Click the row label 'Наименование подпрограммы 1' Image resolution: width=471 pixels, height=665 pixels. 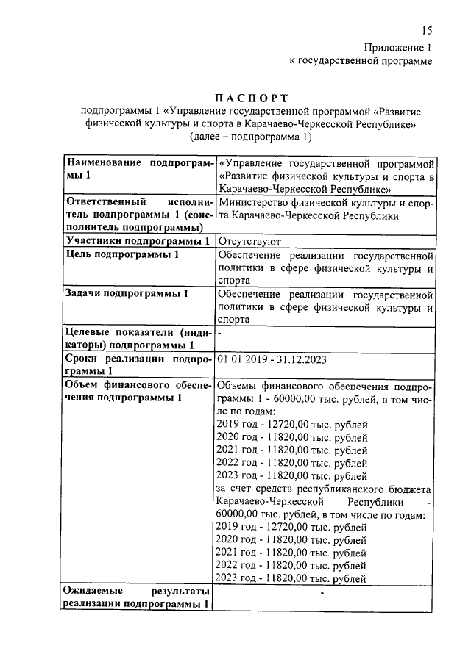pyautogui.click(x=138, y=169)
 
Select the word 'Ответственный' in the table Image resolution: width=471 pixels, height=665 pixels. pyautogui.click(x=102, y=202)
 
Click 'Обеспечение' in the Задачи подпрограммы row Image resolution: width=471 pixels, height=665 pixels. pyautogui.click(x=252, y=294)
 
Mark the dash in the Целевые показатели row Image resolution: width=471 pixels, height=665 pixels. pyautogui.click(x=220, y=333)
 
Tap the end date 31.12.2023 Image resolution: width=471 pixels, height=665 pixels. pyautogui.click(x=301, y=360)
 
